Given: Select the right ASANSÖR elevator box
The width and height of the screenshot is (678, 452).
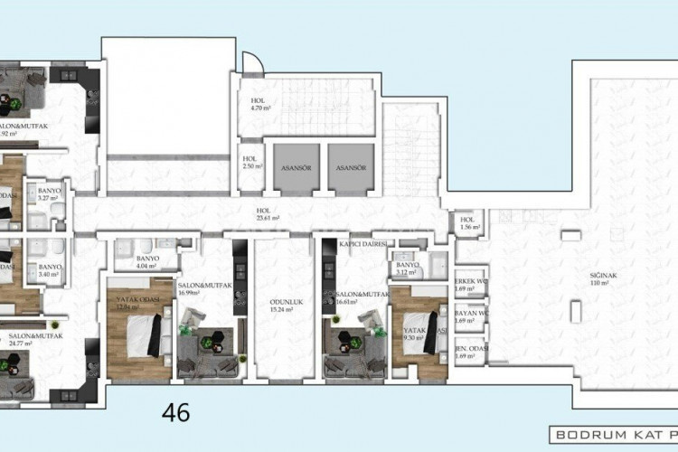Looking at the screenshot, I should pyautogui.click(x=348, y=166).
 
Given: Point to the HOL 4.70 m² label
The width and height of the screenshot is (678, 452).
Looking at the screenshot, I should pyautogui.click(x=260, y=104).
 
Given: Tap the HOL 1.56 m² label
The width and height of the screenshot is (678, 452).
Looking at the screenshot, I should pyautogui.click(x=467, y=223).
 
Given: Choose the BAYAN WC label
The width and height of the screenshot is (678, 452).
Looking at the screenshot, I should pyautogui.click(x=470, y=316).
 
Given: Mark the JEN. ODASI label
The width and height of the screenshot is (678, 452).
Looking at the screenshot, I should pyautogui.click(x=470, y=351).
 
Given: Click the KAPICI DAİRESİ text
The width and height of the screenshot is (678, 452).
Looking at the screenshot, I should pyautogui.click(x=363, y=244).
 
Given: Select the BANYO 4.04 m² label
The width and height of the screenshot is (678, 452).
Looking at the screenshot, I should pyautogui.click(x=146, y=261).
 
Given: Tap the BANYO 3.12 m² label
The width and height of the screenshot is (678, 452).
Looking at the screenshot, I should pyautogui.click(x=408, y=268).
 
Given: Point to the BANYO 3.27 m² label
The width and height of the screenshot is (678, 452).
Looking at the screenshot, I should pyautogui.click(x=49, y=195).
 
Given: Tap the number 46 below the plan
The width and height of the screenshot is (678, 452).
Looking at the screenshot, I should pyautogui.click(x=175, y=412).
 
